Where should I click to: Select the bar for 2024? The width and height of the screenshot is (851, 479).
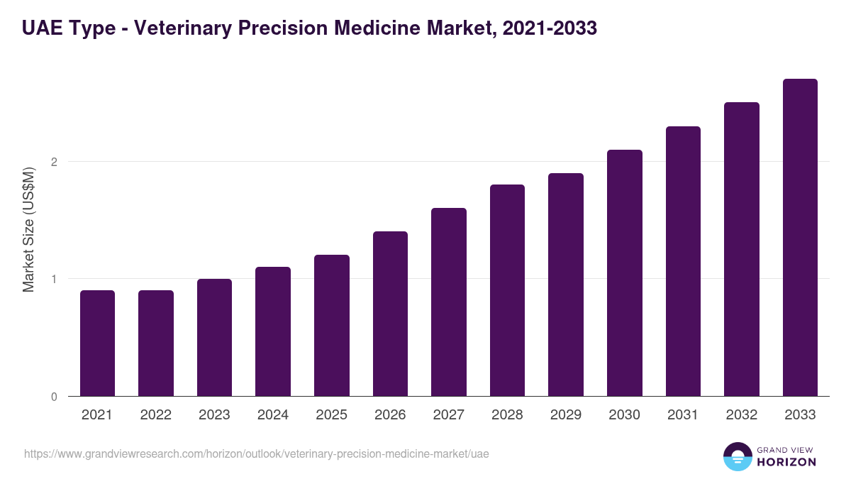273,331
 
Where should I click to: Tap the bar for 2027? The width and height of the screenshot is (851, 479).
449,302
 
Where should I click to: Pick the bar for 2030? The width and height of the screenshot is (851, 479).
625,272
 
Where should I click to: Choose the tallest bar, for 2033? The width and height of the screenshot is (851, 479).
800,237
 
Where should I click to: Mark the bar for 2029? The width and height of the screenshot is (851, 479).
566,285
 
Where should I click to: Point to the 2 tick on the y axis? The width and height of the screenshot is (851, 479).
54,162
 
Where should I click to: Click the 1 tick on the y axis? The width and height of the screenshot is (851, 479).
54,279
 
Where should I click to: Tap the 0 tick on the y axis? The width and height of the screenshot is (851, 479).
54,397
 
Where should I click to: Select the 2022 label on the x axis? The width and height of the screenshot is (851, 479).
155,415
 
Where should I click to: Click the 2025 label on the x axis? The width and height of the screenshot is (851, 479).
331,415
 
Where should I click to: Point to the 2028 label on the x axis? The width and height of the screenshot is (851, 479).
507,415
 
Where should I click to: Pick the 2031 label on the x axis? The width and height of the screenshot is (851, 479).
683,415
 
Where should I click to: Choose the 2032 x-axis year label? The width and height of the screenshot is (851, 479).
742,415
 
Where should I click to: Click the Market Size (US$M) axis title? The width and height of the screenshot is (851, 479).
29,229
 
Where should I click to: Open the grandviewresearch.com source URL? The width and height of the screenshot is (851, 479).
256,453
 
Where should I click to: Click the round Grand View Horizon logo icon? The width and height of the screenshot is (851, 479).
737,456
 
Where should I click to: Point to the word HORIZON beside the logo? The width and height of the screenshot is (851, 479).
786,462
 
